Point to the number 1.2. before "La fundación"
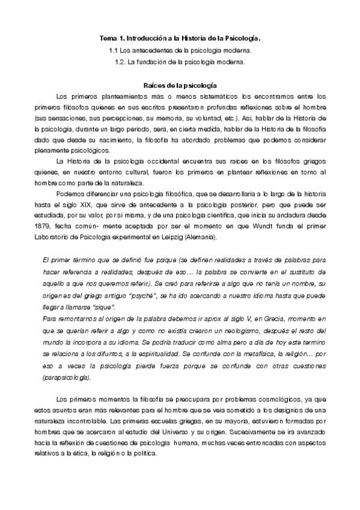click(121, 61)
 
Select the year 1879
click(44, 227)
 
